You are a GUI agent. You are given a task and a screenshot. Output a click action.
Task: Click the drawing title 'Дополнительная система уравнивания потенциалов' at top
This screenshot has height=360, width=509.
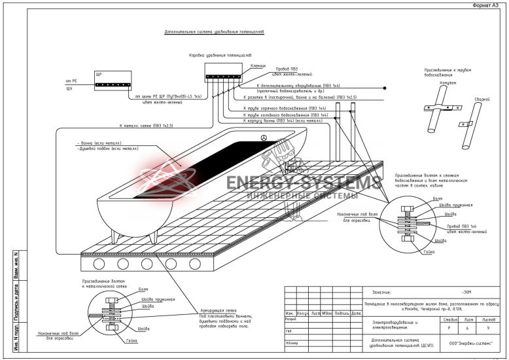click(213, 31)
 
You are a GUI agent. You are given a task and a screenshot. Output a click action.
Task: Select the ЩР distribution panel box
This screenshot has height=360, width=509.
click(112, 81)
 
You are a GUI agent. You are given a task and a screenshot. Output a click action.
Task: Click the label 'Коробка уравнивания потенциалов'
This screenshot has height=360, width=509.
click(220, 55)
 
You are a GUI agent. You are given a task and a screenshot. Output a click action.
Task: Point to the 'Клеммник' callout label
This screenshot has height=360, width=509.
click(258, 65)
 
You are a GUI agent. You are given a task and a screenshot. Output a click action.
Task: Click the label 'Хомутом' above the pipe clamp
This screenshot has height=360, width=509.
click(430, 82)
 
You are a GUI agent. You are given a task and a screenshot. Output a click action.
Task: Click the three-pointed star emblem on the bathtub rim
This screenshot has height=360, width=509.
click(263, 138)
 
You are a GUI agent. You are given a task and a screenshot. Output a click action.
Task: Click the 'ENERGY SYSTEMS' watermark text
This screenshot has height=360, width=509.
click(304, 183)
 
